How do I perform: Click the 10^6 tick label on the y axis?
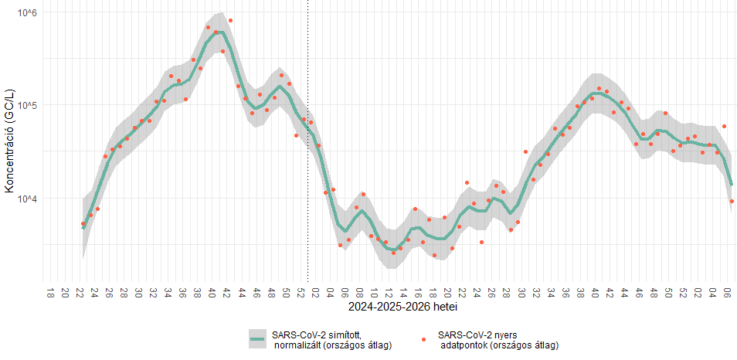(25, 14)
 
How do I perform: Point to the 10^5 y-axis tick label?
(25, 105)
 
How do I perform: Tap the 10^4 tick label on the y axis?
(25, 199)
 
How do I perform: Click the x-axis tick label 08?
(360, 293)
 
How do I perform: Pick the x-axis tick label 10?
(375, 293)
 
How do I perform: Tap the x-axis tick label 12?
(389, 293)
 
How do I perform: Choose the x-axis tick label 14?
(404, 293)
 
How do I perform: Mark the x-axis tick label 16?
(419, 293)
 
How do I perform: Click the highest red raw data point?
(230, 20)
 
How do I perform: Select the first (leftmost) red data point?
(83, 224)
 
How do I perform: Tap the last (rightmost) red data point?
(732, 201)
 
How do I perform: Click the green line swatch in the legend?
(258, 339)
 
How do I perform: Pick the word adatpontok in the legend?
(467, 345)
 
